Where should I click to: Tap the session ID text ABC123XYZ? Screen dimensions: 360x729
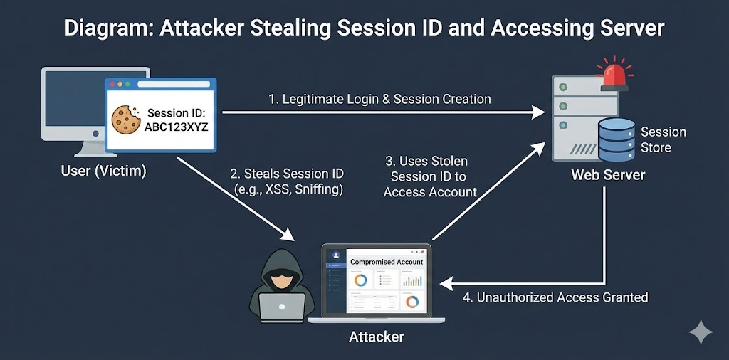(x=175, y=127)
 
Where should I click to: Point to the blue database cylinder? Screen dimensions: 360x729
(x=617, y=139)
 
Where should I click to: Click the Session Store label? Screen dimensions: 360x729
(x=663, y=139)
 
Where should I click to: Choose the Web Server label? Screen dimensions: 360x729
(x=607, y=174)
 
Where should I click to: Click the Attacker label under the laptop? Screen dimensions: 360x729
(x=376, y=337)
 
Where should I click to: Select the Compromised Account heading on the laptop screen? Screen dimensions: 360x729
(x=387, y=262)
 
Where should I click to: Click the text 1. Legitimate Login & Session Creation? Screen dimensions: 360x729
(x=379, y=99)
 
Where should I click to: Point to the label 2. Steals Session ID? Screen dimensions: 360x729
(x=287, y=174)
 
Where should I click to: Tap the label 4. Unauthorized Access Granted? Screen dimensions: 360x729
(x=555, y=297)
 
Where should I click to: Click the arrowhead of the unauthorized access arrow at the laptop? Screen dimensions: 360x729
(x=446, y=283)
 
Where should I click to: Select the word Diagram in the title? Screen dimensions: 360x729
(x=107, y=28)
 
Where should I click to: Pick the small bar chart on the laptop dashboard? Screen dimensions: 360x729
(x=411, y=281)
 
